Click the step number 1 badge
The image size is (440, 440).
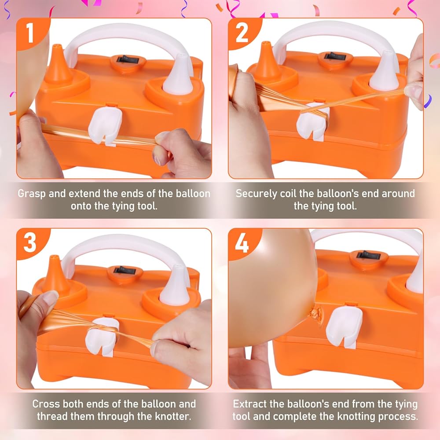click(31, 33)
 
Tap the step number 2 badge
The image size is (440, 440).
click(242, 33)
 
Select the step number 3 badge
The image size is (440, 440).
click(31, 243)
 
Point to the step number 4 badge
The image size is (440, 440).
click(242, 243)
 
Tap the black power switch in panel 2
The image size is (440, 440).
click(335, 56)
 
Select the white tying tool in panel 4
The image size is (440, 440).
click(344, 326)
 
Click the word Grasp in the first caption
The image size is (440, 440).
click(32, 194)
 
